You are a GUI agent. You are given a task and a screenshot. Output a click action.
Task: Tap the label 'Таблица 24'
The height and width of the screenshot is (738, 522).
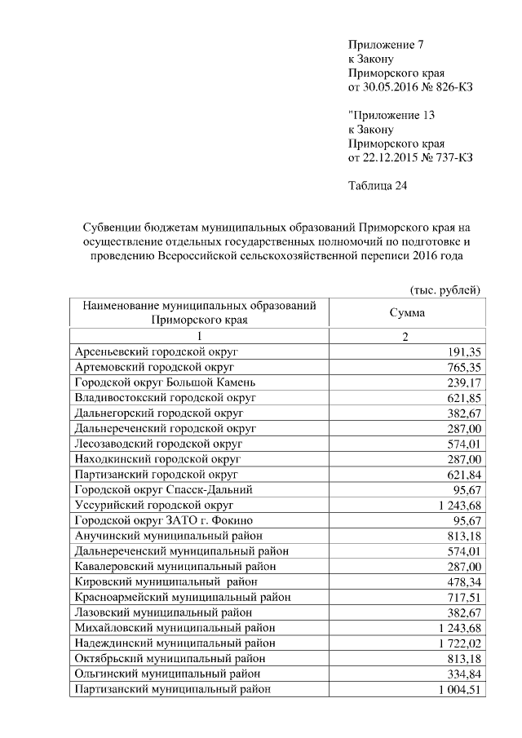click(377, 185)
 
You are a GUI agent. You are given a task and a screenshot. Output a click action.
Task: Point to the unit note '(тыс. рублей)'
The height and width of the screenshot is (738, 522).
click(444, 290)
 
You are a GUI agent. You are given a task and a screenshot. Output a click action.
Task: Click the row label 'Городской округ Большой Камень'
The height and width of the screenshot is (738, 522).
click(166, 382)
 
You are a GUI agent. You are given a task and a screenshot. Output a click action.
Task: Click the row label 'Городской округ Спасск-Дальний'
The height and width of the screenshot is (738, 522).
click(163, 489)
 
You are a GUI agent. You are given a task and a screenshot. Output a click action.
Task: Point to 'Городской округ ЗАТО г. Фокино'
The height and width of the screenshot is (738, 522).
click(164, 520)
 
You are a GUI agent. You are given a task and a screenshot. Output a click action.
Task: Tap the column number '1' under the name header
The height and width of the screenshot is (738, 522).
click(197, 336)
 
